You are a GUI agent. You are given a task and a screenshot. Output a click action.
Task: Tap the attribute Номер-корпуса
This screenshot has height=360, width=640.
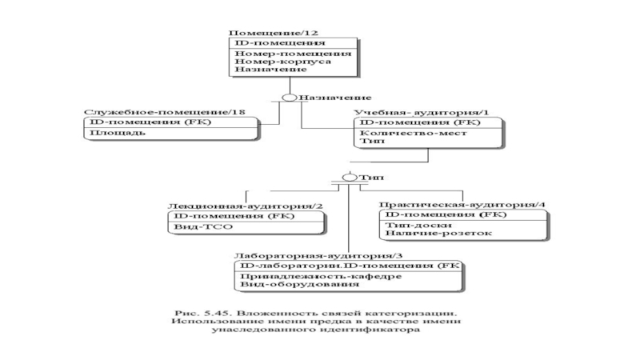pos(271,61)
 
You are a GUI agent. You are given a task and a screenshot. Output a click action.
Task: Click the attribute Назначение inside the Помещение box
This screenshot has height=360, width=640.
pos(264,70)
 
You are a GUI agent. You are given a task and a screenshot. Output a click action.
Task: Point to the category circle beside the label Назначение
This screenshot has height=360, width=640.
pos(291,98)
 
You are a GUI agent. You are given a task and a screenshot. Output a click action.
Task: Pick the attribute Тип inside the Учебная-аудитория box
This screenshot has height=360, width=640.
pos(369,142)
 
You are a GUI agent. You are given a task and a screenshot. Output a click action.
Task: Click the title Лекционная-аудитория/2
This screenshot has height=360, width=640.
pos(245,206)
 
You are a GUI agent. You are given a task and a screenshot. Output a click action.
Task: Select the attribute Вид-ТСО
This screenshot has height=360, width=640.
pos(196,227)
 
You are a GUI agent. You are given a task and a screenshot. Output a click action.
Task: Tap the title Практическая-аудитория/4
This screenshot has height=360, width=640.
pos(462,206)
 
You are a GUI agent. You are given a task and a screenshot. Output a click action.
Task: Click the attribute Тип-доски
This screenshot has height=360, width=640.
pos(411,226)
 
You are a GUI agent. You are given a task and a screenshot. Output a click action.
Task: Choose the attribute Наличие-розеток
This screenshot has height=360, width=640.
pos(427,235)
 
